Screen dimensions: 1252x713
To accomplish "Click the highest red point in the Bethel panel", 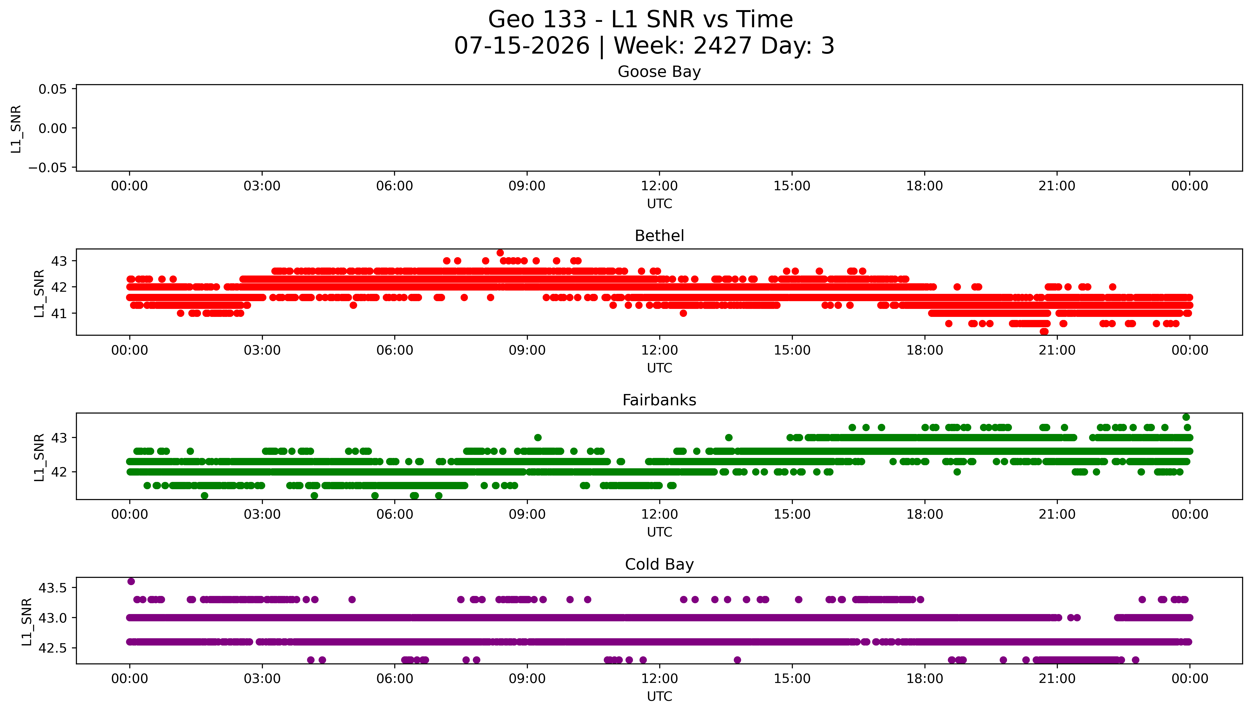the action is point(500,253).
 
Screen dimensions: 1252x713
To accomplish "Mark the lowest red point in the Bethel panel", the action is point(1044,331).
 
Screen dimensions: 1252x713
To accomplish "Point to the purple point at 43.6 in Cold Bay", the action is point(131,581).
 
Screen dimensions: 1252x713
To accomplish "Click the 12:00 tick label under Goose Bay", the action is point(659,186).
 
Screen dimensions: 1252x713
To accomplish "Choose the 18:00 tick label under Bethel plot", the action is point(924,350).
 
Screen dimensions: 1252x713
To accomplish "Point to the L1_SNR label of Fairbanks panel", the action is point(39,457).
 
